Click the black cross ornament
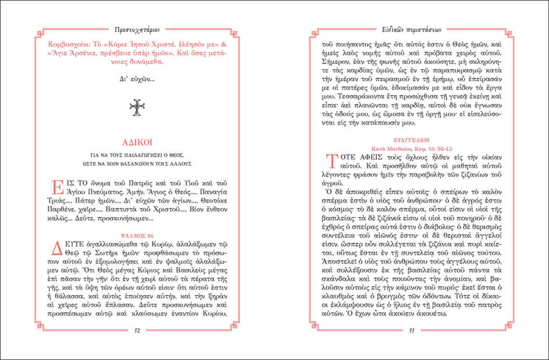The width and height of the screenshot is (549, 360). click(x=137, y=107)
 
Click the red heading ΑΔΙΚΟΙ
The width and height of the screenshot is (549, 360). click(x=137, y=142)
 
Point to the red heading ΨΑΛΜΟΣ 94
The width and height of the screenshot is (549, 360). click(x=137, y=234)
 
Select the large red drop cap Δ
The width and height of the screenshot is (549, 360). click(x=56, y=248)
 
